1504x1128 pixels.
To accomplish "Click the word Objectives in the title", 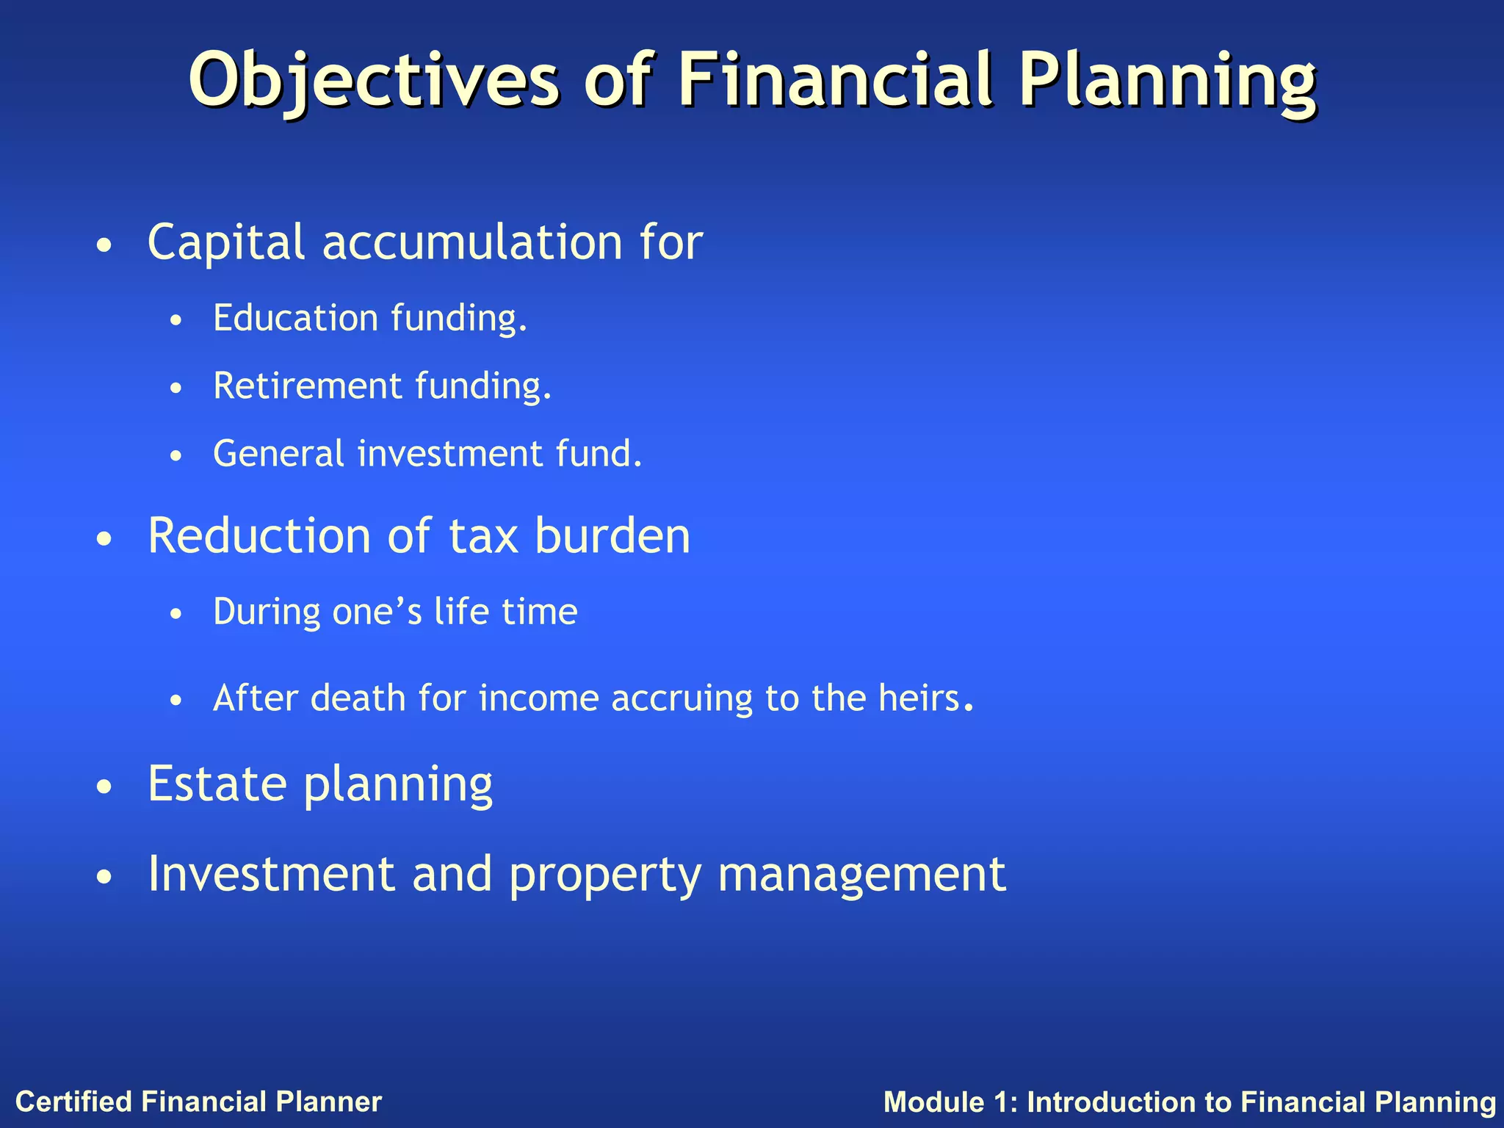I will pos(374,79).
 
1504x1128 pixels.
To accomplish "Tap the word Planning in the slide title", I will pos(1168,79).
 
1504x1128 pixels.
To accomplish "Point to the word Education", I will pos(296,319).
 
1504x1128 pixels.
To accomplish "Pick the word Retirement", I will pos(308,386).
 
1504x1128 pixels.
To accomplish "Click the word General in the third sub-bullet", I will pos(278,454).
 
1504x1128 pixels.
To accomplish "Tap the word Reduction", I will pos(259,535).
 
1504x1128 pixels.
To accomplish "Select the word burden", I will pos(612,535).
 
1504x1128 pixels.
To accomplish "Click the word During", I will pos(267,612).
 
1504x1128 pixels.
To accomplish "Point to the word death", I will pos(358,698).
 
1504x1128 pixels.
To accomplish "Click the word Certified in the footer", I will pos(74,1102).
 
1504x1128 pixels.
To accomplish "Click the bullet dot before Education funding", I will pos(175,322).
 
